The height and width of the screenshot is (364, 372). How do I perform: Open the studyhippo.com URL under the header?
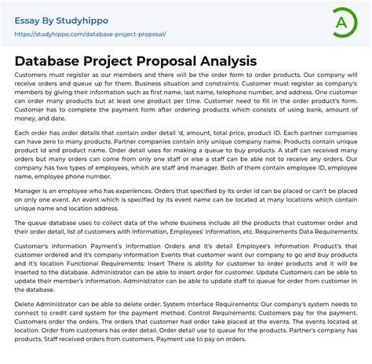[x=90, y=35]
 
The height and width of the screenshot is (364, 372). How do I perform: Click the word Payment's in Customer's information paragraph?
[x=99, y=246]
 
